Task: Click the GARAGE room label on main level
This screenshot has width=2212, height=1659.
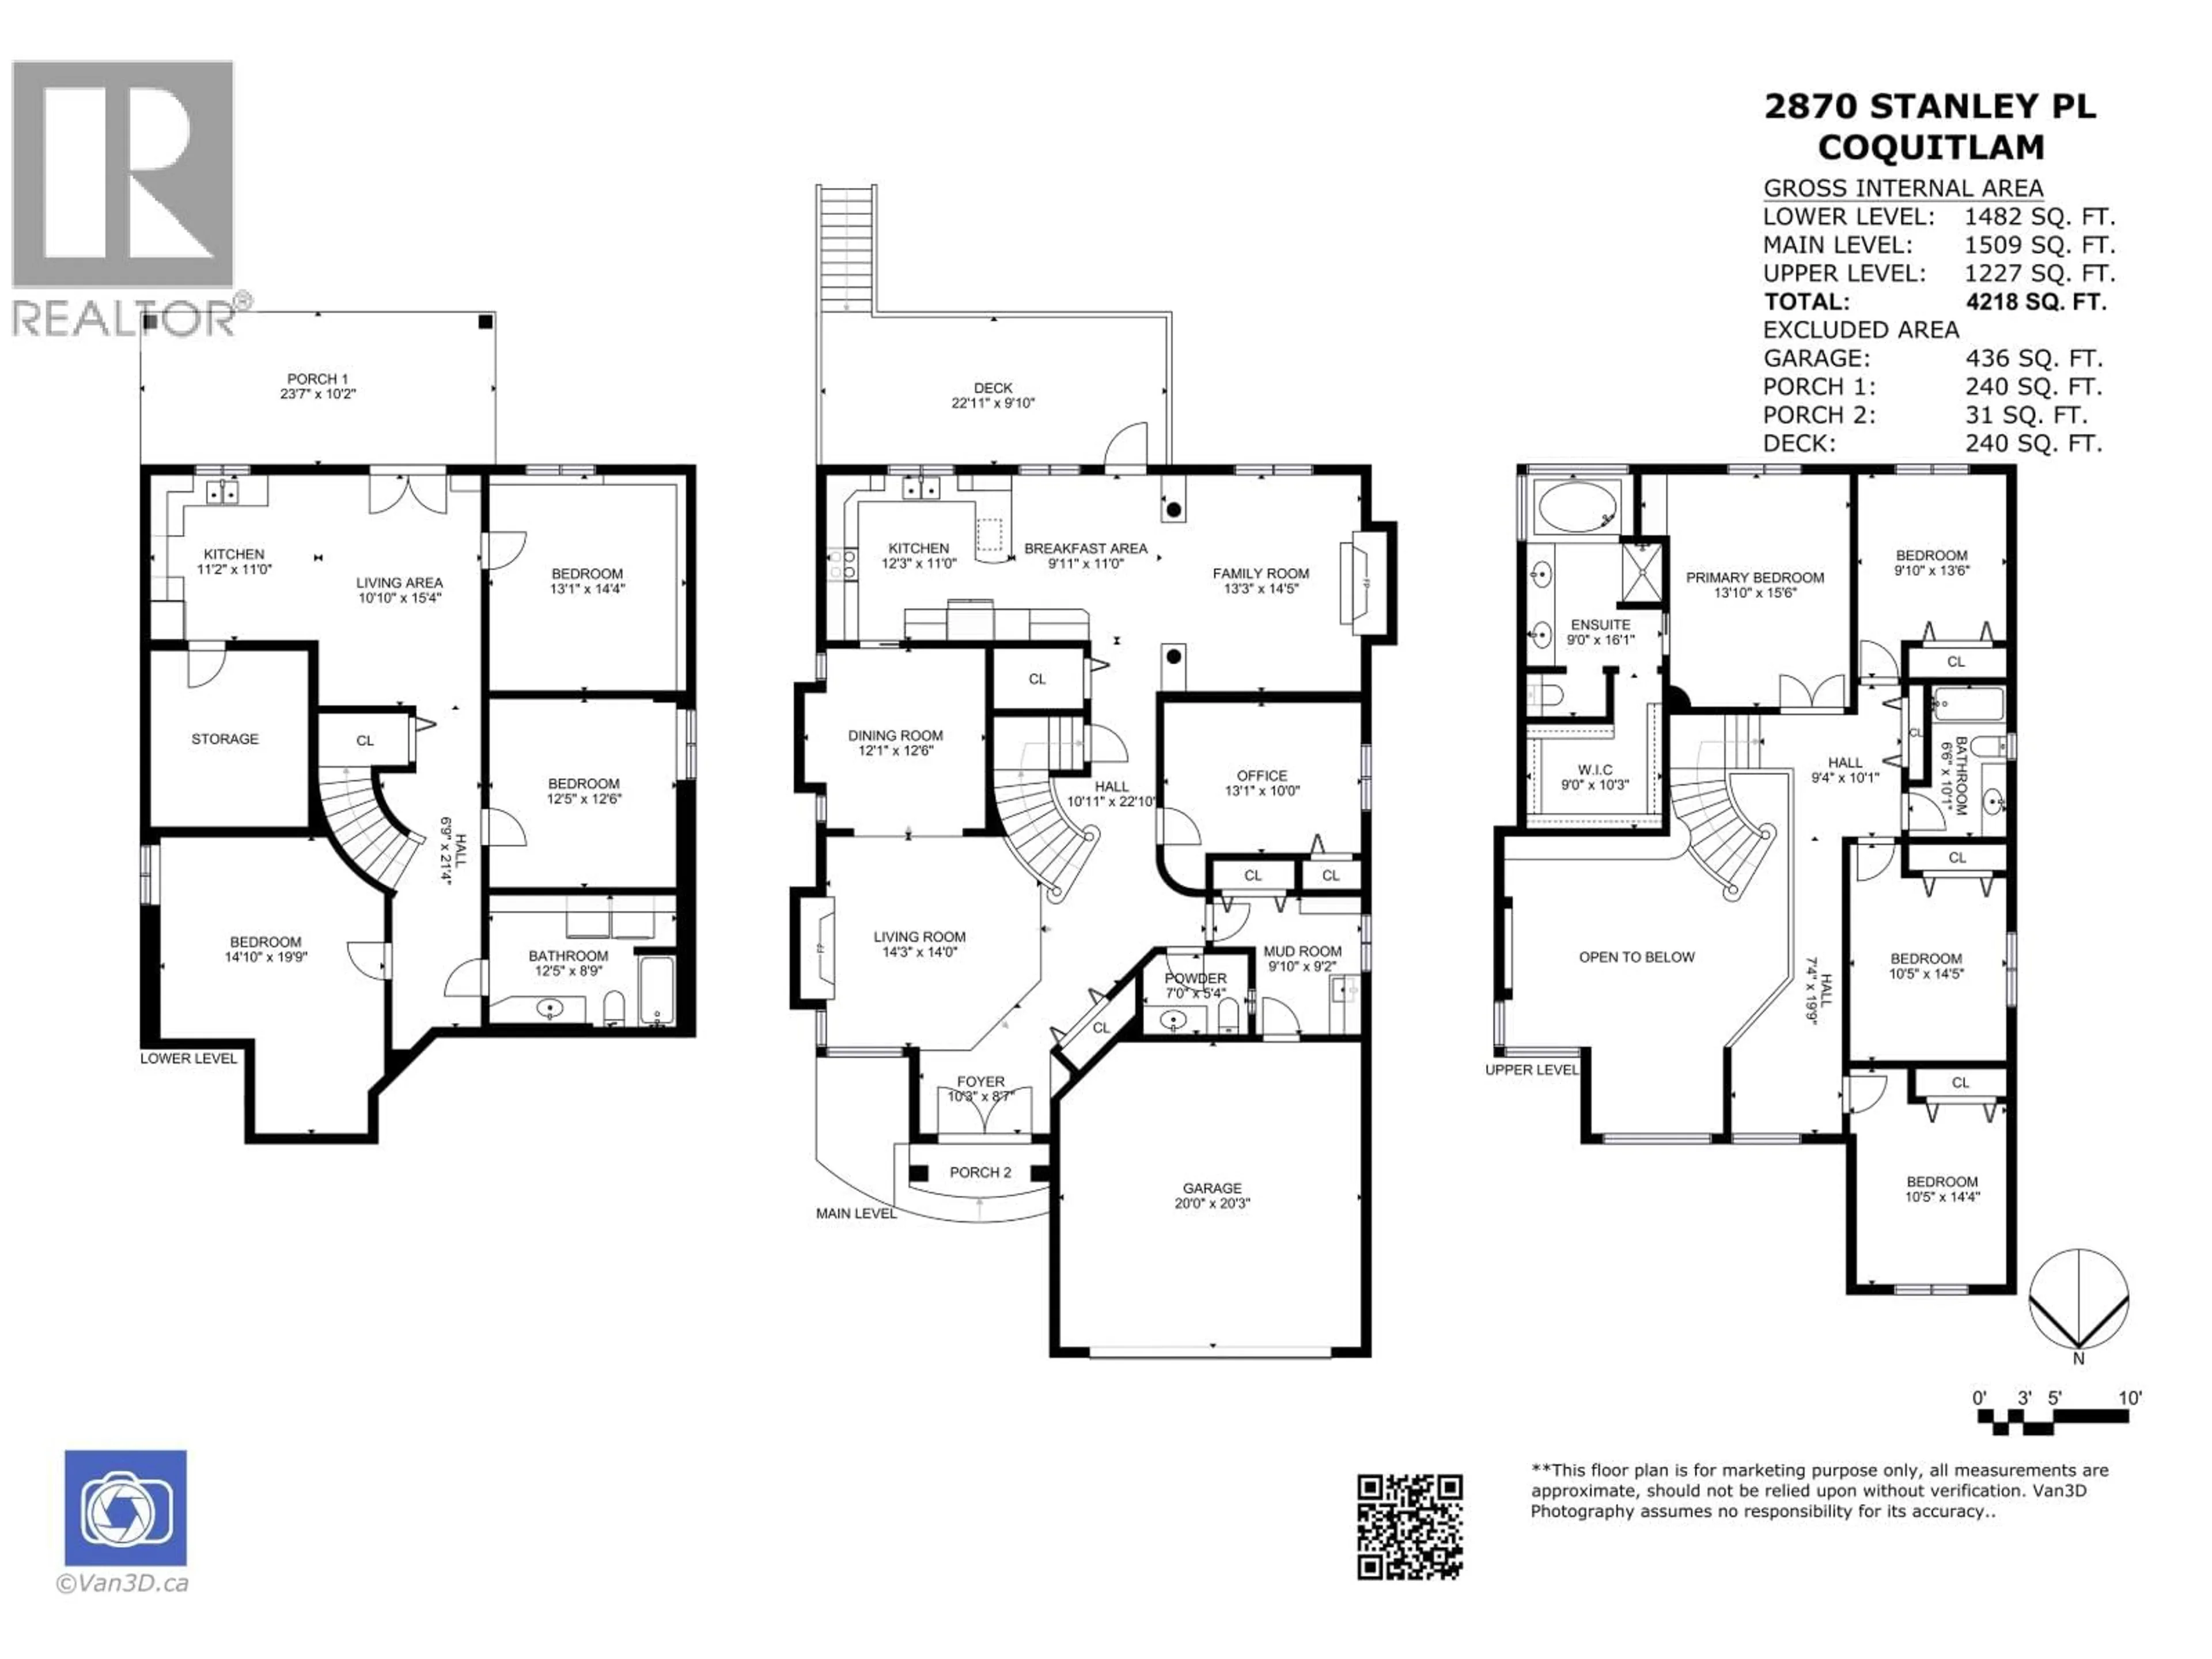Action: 1212,1188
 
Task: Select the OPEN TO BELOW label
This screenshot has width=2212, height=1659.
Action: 1636,957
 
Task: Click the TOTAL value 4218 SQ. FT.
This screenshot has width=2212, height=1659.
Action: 2035,302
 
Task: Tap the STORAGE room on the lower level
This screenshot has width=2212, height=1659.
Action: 225,739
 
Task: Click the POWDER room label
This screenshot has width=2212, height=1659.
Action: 1195,978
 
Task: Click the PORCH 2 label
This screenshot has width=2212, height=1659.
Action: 980,1172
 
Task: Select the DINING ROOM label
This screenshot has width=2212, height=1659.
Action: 895,735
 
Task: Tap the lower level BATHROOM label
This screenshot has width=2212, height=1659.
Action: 568,956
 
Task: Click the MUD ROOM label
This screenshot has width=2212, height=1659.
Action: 1302,951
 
